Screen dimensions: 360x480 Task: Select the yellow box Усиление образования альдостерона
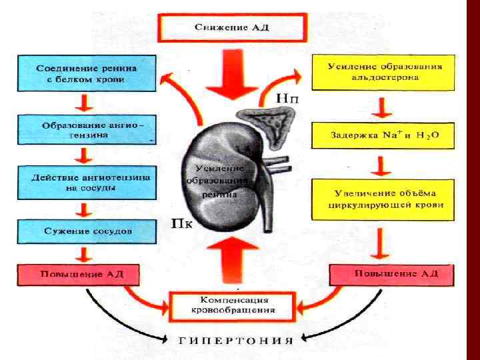(x=383, y=72)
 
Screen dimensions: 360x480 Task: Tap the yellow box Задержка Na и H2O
(x=383, y=135)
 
